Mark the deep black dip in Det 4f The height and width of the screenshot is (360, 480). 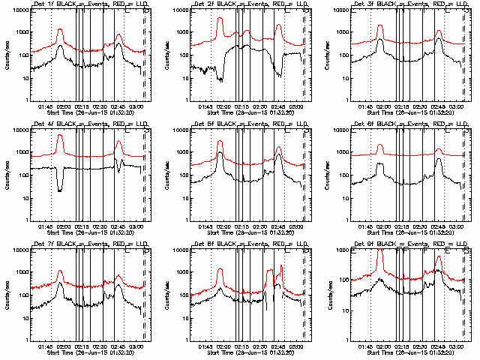(60, 190)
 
